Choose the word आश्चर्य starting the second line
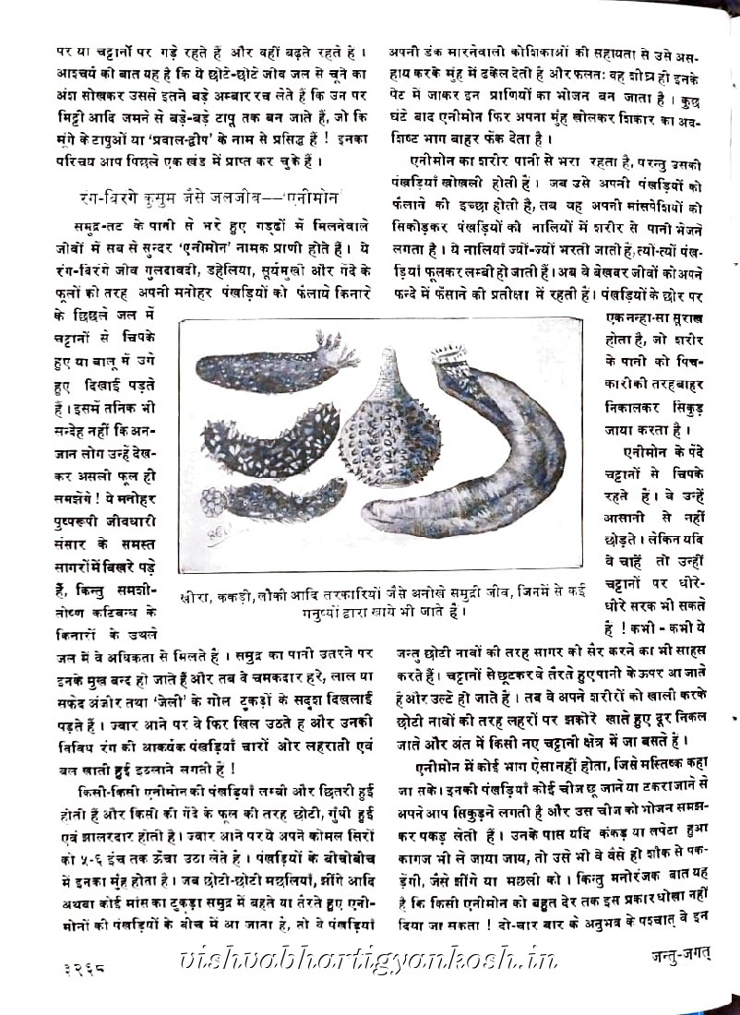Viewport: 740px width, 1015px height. tap(74, 72)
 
